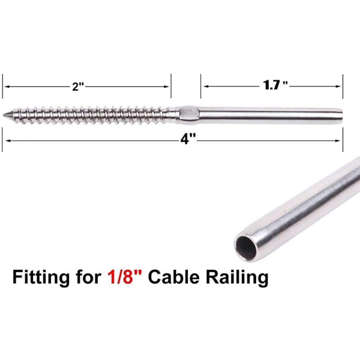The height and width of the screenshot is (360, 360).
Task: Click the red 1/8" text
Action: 126,277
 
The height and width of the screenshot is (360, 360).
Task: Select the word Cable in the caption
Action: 174,277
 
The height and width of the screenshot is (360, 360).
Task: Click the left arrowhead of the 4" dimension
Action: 6,140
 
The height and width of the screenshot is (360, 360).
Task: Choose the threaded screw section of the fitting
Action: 90,115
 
